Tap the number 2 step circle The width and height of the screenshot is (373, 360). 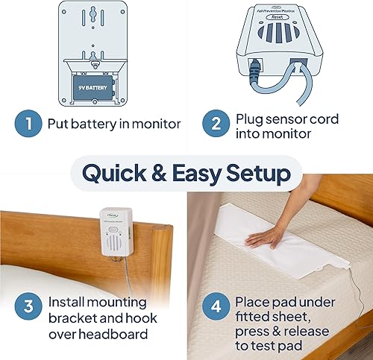point(215,123)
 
